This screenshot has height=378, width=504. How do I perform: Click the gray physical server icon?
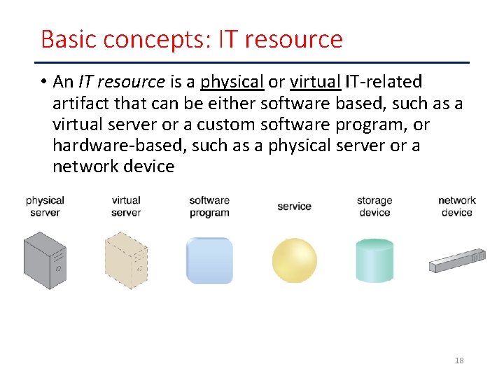pyautogui.click(x=45, y=260)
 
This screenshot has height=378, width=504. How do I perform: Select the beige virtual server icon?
pyautogui.click(x=126, y=260)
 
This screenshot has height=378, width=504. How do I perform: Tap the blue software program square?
pyautogui.click(x=209, y=260)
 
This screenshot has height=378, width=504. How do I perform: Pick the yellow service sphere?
pyautogui.click(x=294, y=260)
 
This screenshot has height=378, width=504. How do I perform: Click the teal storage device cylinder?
pyautogui.click(x=374, y=260)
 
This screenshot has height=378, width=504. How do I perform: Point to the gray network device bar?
pyautogui.click(x=457, y=260)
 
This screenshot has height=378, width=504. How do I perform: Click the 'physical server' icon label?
pyautogui.click(x=45, y=206)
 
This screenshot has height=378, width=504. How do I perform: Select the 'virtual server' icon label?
pyautogui.click(x=126, y=206)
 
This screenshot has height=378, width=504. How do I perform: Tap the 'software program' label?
pyautogui.click(x=209, y=206)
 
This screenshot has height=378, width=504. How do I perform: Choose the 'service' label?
pyautogui.click(x=294, y=206)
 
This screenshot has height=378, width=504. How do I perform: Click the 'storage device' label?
pyautogui.click(x=374, y=206)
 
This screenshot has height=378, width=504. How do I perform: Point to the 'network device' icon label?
pyautogui.click(x=457, y=206)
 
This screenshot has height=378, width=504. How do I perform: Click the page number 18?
pyautogui.click(x=459, y=360)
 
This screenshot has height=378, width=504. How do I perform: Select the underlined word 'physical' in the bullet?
pyautogui.click(x=232, y=82)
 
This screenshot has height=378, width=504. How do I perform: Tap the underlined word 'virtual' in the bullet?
pyautogui.click(x=315, y=82)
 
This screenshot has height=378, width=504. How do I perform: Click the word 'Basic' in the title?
pyautogui.click(x=66, y=39)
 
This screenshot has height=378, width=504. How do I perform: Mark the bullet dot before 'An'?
pyautogui.click(x=43, y=82)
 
